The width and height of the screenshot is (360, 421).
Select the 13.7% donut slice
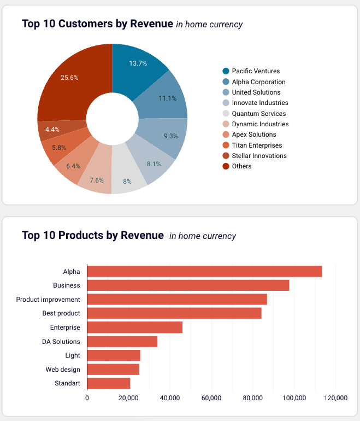[138, 63]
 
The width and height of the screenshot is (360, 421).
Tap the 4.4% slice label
[52, 130]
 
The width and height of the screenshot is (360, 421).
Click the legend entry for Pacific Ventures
[256, 71]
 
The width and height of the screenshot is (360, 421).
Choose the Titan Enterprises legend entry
[257, 145]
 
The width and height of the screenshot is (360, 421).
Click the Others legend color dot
[226, 166]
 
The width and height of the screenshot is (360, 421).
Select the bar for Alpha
[204, 271]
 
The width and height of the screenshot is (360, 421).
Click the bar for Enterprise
[134, 328]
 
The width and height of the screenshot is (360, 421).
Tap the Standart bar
[109, 383]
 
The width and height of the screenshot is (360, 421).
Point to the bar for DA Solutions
[122, 342]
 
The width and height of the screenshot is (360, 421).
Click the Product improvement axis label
[48, 300]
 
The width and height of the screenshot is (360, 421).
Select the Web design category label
[63, 370]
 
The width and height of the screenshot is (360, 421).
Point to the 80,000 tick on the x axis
[252, 397]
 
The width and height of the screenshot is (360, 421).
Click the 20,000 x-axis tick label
[128, 397]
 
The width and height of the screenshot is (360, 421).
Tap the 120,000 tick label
[335, 397]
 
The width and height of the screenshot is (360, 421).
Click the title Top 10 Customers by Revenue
[98, 24]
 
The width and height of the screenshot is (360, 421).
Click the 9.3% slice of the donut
[170, 136]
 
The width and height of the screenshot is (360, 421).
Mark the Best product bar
[174, 313]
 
